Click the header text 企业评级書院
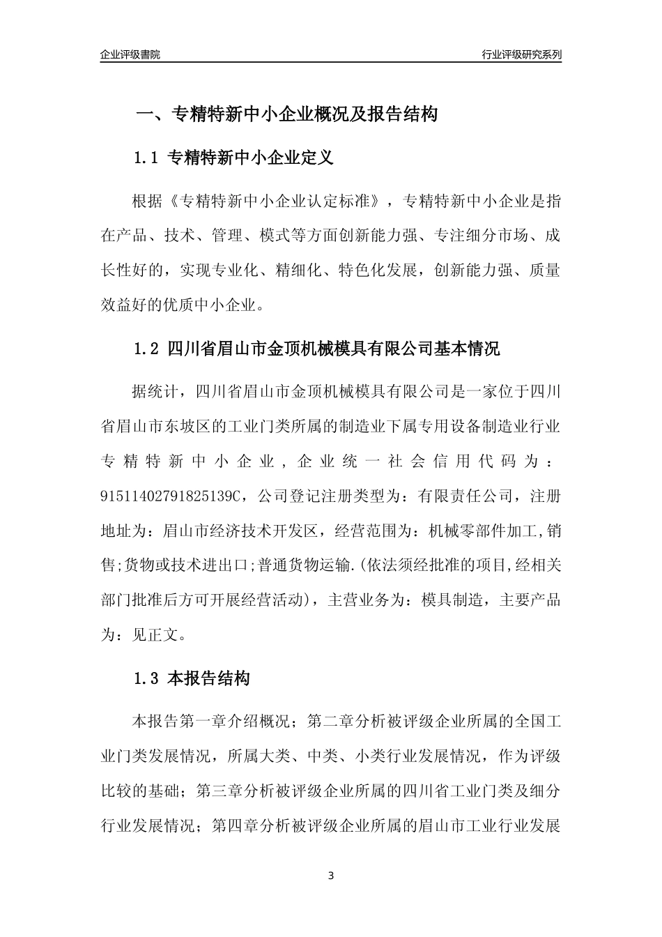click(x=130, y=54)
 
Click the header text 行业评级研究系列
click(x=521, y=54)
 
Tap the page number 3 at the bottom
click(x=331, y=876)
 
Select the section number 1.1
click(x=147, y=158)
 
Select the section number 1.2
click(x=147, y=349)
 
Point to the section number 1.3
click(x=147, y=678)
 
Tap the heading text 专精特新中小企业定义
click(x=252, y=158)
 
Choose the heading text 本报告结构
click(x=209, y=678)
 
